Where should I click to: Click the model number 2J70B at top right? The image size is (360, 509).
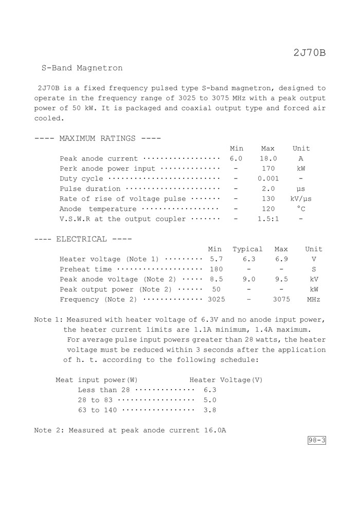click(x=310, y=52)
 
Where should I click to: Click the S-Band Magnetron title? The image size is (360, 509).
click(x=82, y=68)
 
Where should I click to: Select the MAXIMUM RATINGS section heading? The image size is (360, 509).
click(x=98, y=138)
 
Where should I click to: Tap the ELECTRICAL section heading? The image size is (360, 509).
click(x=83, y=239)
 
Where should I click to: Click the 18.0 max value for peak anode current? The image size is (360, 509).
click(x=268, y=159)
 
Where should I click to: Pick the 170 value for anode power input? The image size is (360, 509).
click(x=268, y=169)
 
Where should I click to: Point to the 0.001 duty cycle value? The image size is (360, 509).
click(x=268, y=179)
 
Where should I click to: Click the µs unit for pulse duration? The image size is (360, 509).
click(x=301, y=189)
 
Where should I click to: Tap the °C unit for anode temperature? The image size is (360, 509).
click(x=301, y=209)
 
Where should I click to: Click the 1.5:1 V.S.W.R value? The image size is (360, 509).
click(x=268, y=219)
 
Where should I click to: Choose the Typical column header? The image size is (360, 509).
click(x=247, y=249)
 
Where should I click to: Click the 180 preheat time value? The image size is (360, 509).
click(x=216, y=269)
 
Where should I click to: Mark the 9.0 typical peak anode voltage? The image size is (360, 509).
click(x=249, y=279)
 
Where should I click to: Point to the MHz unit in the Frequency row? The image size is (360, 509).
click(x=314, y=299)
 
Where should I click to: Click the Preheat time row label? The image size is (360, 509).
click(x=86, y=269)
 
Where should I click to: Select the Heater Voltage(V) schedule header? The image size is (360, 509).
click(x=226, y=380)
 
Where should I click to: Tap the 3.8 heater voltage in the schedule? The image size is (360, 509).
click(x=210, y=410)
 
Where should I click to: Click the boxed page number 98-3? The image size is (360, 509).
click(x=317, y=441)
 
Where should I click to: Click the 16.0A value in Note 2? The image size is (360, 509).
click(x=212, y=430)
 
